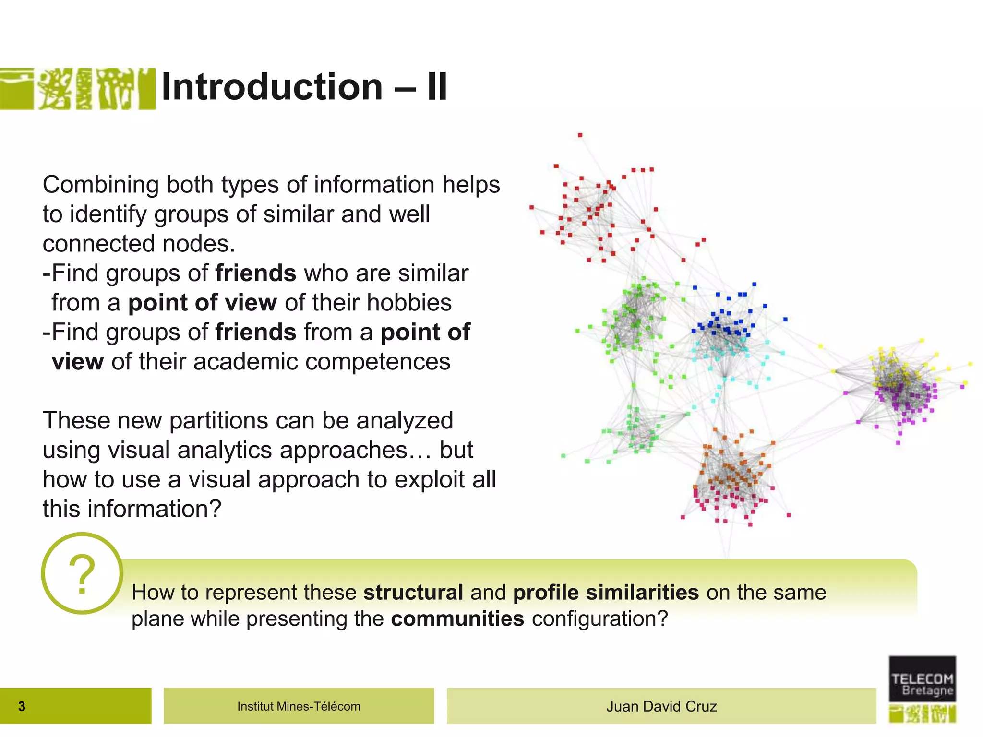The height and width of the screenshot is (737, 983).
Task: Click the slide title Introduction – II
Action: point(304,87)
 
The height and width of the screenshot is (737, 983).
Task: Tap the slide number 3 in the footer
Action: point(22,706)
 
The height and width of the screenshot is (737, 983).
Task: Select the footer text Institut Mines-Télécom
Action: point(299,706)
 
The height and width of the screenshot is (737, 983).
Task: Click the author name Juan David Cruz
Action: point(661,706)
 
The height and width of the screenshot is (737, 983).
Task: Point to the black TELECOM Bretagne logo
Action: point(922,679)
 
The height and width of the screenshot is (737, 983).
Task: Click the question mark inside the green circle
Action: point(82,574)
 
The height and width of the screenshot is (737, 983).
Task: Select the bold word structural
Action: point(413,592)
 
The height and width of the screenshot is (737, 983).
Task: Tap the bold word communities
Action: point(457,618)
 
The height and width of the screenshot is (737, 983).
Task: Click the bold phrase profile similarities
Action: point(606,592)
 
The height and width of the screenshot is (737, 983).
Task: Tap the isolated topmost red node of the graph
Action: point(580,135)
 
